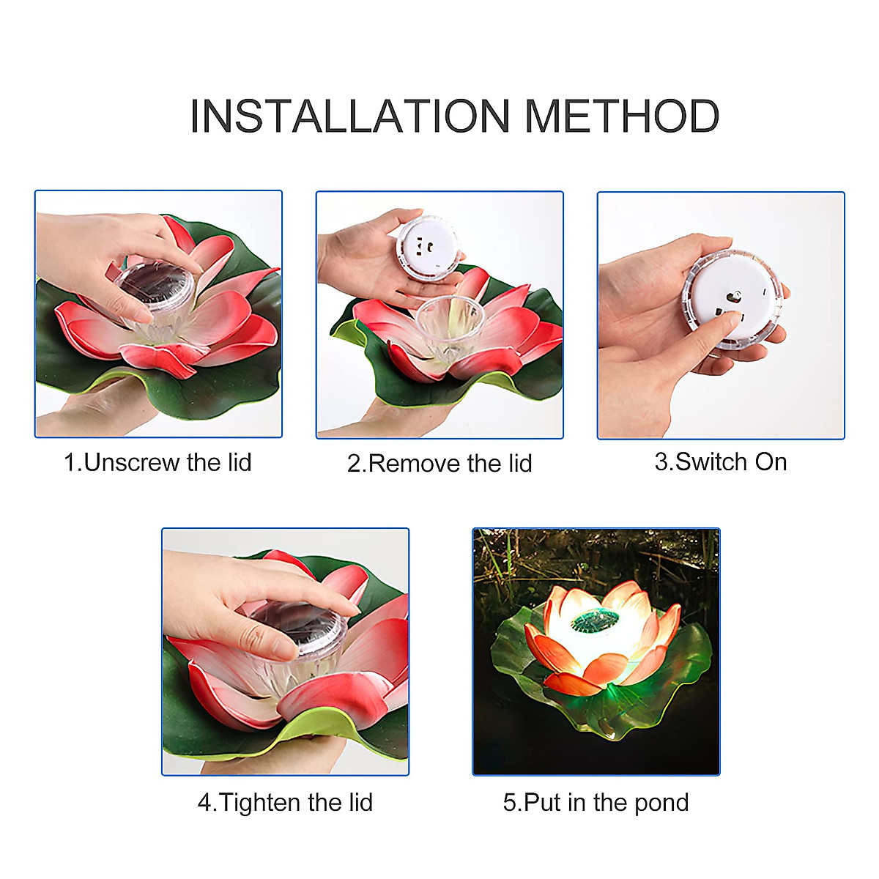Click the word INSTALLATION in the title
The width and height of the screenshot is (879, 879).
pos(349,116)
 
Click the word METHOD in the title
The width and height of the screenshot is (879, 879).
pos(622,116)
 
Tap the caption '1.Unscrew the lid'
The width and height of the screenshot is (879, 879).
pos(157,462)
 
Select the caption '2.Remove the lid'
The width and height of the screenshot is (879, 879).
pos(439,463)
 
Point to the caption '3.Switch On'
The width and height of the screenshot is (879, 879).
pos(721,461)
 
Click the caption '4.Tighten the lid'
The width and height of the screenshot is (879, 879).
pos(285,802)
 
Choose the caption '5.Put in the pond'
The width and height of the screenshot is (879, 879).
pos(596,802)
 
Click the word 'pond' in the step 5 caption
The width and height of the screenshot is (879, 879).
pos(661,802)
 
